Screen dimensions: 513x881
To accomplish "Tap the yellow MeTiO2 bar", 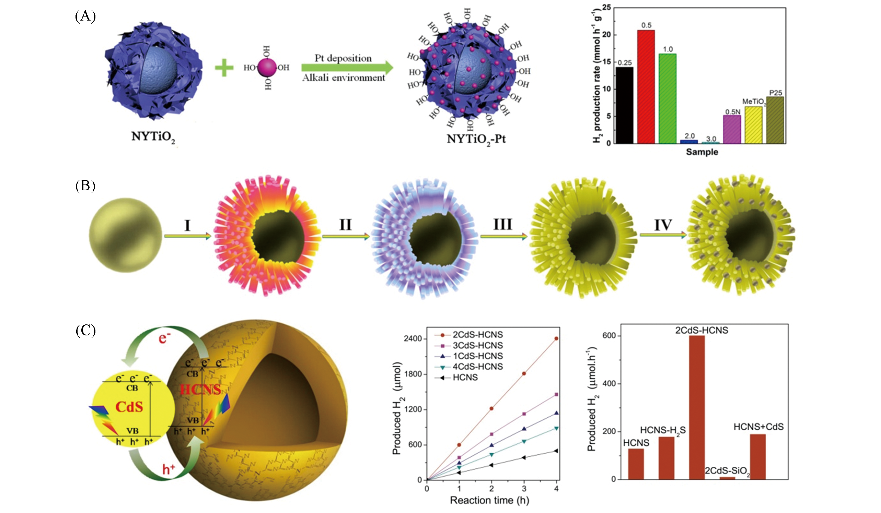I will (753, 125).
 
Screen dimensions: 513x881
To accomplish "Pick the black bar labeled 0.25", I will (624, 105).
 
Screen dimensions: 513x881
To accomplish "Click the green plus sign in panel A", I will (224, 68).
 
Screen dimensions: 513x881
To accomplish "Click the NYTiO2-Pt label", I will (476, 139).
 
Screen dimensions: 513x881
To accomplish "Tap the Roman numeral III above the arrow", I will (503, 224).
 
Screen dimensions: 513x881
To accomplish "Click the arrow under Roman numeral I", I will (188, 236).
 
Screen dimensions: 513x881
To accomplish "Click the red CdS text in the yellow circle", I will (129, 407).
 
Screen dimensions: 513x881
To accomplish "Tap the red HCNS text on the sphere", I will (200, 389).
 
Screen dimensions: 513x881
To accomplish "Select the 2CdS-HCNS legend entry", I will (468, 335).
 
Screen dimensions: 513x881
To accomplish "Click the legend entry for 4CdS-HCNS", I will (468, 367).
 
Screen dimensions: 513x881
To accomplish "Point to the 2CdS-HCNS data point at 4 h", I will (556, 338).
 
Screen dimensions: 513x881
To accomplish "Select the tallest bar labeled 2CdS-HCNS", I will (697, 407).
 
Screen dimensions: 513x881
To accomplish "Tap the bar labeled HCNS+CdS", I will (757, 456).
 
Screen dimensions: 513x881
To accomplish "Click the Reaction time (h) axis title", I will (489, 500).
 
